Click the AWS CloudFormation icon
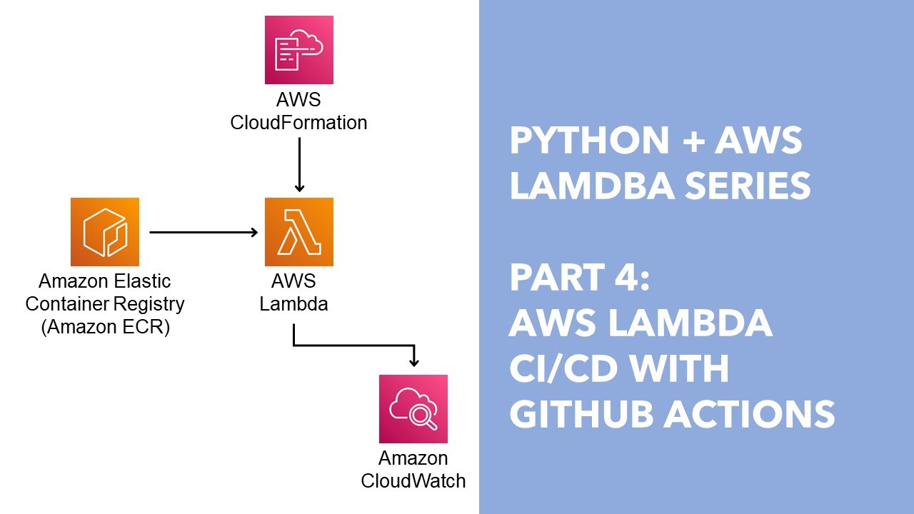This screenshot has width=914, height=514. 298,50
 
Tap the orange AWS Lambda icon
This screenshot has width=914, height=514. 298,232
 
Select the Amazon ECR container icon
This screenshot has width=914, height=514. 104,232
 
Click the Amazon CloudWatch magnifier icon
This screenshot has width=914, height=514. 413,408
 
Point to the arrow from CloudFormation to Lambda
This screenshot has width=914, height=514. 299,164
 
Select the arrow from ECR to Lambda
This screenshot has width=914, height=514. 203,232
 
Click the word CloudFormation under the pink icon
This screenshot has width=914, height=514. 298,123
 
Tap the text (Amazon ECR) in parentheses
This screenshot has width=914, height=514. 104,328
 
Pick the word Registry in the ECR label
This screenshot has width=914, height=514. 151,304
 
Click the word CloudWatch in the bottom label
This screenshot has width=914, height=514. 413,480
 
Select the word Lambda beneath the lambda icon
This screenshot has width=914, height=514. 293,303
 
